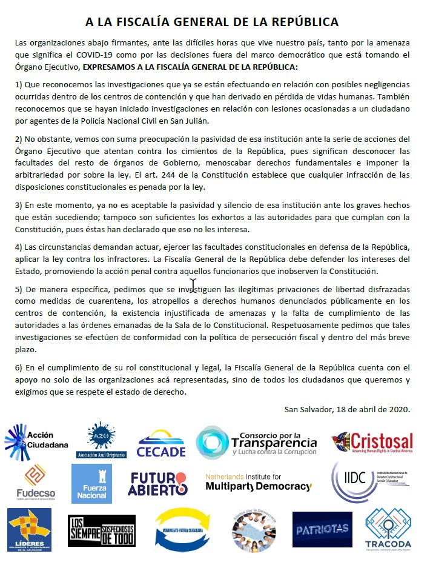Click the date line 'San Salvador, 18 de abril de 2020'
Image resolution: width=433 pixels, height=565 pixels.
click(347, 409)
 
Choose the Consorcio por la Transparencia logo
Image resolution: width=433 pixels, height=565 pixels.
click(256, 443)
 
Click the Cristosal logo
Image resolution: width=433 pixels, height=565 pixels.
click(372, 443)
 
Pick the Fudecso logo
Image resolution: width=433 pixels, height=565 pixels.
click(35, 482)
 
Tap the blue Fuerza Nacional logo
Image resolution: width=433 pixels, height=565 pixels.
click(91, 484)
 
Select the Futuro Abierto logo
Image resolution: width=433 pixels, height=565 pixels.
click(158, 484)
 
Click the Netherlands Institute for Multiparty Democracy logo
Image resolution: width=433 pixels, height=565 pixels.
click(258, 483)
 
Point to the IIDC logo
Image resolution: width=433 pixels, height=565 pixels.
click(370, 483)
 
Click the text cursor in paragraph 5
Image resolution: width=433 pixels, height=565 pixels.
click(193, 285)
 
